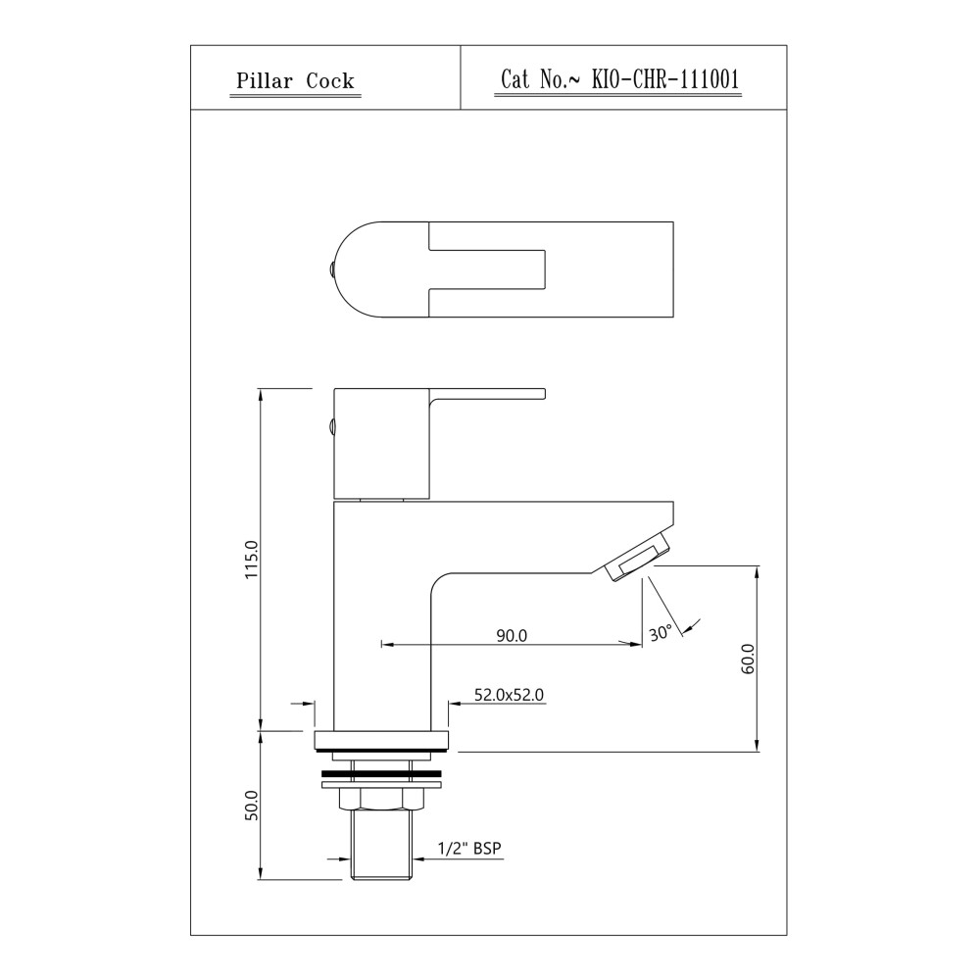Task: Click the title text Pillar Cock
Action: [295, 81]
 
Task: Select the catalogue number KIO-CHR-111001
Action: [665, 79]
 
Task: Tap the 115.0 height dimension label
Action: [251, 560]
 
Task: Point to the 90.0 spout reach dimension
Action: [512, 636]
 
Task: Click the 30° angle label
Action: [661, 632]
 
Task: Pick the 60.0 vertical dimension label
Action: [748, 659]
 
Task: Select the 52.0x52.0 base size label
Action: [509, 695]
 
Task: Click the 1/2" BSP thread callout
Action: [469, 848]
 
